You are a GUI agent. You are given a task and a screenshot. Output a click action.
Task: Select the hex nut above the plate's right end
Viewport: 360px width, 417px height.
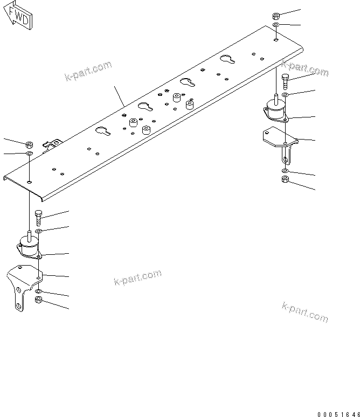tap(276, 16)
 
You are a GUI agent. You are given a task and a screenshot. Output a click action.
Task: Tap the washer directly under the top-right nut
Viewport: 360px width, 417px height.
tap(276, 25)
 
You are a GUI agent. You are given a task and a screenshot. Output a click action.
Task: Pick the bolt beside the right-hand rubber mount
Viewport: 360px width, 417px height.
tap(285, 81)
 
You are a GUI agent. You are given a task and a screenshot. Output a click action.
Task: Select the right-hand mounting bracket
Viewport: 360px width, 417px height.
tap(279, 143)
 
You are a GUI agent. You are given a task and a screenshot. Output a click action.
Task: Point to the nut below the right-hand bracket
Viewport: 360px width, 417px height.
tap(285, 179)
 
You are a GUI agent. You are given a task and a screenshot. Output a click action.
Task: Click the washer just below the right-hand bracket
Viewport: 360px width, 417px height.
tap(285, 171)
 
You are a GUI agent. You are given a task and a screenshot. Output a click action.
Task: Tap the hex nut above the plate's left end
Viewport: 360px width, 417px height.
tap(30, 144)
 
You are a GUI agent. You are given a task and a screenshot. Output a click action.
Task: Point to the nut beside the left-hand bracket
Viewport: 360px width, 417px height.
tap(38, 300)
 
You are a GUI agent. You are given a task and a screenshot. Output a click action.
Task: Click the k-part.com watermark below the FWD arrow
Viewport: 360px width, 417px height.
tap(88, 71)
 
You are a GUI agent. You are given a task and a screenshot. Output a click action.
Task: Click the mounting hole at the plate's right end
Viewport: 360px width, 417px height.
tap(276, 39)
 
